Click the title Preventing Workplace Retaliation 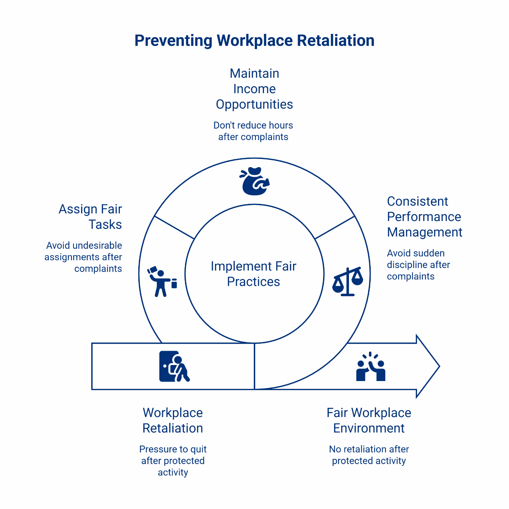tap(254, 41)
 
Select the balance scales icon tap(348, 282)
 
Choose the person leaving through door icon tap(174, 366)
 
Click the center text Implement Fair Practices tap(253, 274)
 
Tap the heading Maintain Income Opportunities tap(254, 89)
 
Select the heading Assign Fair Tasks tap(90, 217)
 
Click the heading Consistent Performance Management tap(424, 217)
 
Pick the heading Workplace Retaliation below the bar tap(173, 420)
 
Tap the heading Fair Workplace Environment tap(369, 420)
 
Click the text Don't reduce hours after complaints tap(253, 131)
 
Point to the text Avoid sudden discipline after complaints tap(418, 265)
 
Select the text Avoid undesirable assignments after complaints tap(83, 257)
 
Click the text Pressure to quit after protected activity tap(173, 461)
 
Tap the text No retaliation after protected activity tap(369, 455)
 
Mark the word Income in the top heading tap(254, 89)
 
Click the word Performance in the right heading tap(424, 217)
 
